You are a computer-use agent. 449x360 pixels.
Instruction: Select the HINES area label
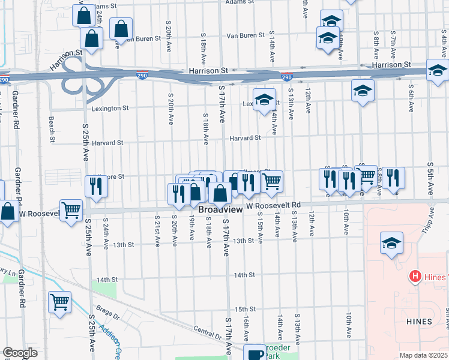[418, 322]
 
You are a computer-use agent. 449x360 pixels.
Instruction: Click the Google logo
[20, 353]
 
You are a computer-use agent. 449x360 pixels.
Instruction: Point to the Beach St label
[52, 126]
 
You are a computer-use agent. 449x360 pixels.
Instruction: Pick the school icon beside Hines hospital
[391, 244]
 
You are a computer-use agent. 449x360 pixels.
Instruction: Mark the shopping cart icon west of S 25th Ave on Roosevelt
[71, 210]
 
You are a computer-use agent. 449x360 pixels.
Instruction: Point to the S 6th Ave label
[411, 98]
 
